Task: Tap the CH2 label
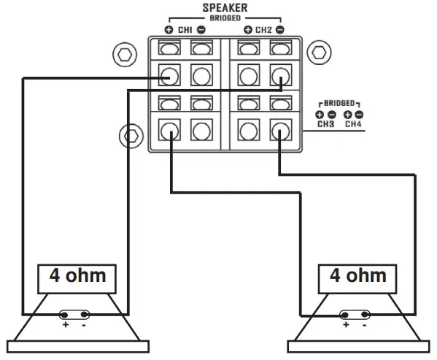(x=263, y=30)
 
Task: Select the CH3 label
(x=325, y=123)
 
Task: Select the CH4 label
(x=353, y=123)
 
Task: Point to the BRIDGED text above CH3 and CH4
(x=339, y=104)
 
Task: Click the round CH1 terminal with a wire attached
(x=169, y=75)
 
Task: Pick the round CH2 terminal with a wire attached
(x=280, y=75)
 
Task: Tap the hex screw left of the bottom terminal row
(x=131, y=135)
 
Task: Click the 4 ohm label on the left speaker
(x=76, y=277)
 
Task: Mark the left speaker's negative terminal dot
(x=85, y=315)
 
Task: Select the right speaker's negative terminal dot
(x=366, y=315)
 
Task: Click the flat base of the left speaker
(x=76, y=345)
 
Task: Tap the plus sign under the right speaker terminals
(x=347, y=325)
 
